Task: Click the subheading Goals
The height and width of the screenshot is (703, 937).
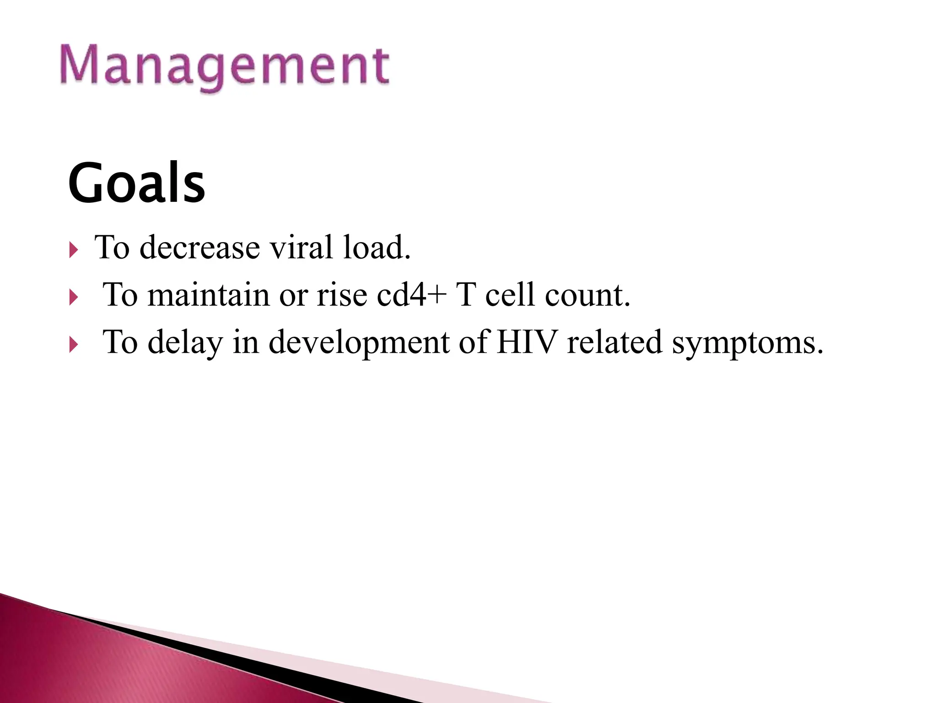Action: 136,183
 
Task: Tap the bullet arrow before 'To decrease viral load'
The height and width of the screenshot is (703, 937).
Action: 74,250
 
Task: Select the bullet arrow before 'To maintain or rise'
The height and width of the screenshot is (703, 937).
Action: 74,298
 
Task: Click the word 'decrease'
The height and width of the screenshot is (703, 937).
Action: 199,248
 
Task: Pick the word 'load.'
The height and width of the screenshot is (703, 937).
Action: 377,248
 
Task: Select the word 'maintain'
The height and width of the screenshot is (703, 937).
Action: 208,295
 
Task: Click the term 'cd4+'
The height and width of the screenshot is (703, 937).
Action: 411,295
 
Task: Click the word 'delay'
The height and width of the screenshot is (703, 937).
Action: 185,343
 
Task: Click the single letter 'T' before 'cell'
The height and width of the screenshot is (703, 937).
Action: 466,295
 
